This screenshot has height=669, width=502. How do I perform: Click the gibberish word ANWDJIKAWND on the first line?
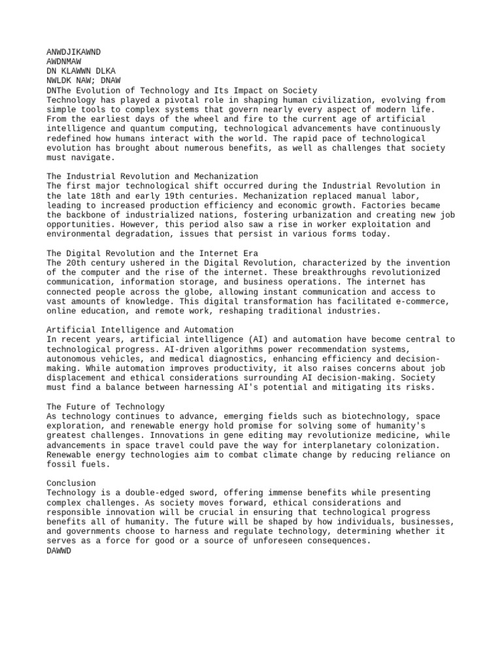pyautogui.click(x=74, y=52)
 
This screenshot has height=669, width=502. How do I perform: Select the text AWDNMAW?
pyautogui.click(x=64, y=61)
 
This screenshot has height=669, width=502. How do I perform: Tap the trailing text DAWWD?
pyautogui.click(x=59, y=551)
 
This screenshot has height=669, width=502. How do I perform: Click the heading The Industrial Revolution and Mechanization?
pyautogui.click(x=152, y=176)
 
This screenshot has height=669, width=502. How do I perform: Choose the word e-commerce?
pyautogui.click(x=422, y=301)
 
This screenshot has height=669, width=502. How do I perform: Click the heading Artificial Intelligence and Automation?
pyautogui.click(x=140, y=330)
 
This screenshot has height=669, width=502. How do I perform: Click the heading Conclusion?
pyautogui.click(x=71, y=483)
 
